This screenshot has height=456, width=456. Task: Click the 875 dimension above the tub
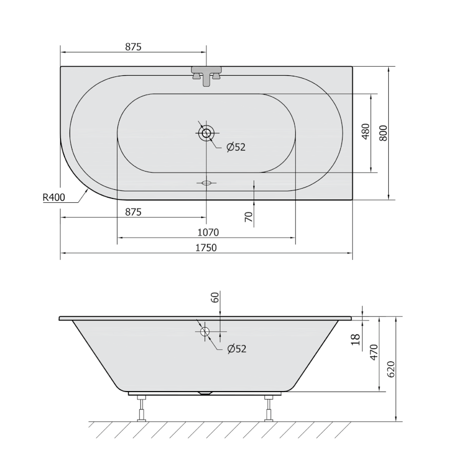coord(133,47)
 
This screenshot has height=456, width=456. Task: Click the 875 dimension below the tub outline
coord(133,211)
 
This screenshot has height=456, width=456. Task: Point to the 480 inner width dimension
coord(365,132)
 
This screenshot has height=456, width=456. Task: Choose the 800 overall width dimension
coord(383,133)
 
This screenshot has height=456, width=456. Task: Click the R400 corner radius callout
coord(54,198)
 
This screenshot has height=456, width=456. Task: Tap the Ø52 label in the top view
coord(235,147)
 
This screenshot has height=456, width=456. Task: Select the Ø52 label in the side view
coord(235,349)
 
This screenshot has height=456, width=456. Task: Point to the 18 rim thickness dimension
coord(356,338)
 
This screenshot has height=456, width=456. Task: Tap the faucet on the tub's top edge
coord(206,75)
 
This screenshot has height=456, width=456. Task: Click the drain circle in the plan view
coord(206,134)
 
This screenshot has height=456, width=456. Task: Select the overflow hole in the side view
coord(205,331)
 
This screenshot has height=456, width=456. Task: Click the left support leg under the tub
coord(141,408)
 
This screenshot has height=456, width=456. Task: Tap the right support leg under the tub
coord(268,408)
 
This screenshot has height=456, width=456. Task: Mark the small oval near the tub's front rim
coord(206,183)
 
